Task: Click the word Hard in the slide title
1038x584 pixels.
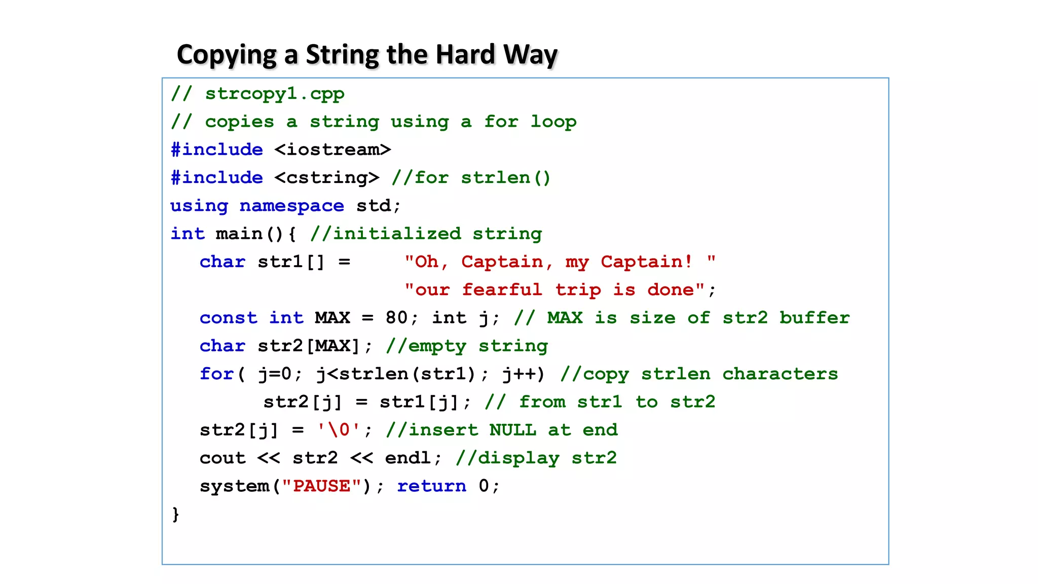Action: (x=465, y=55)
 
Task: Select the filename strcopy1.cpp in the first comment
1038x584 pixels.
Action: (x=274, y=94)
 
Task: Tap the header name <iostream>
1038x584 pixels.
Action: (x=332, y=150)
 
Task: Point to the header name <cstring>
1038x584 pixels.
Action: (x=327, y=177)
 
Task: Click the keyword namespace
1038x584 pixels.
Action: (x=291, y=206)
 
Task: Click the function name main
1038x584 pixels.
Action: (x=239, y=234)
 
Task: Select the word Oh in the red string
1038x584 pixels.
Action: (x=426, y=262)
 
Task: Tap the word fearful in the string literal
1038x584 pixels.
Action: (x=502, y=289)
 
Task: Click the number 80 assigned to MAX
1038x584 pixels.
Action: (x=396, y=318)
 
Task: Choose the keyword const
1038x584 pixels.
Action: (x=228, y=318)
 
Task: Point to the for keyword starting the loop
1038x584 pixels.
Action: (x=216, y=374)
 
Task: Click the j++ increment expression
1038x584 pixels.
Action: (x=523, y=374)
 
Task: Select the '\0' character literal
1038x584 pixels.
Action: (x=338, y=430)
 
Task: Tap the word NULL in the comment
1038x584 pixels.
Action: (x=512, y=430)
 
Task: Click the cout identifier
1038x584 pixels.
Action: (x=223, y=458)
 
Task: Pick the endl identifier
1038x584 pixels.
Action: (x=408, y=458)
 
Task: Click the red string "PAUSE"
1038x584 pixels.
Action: (x=321, y=486)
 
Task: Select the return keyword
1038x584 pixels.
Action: (x=431, y=486)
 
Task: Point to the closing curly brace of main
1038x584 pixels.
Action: (x=175, y=514)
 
